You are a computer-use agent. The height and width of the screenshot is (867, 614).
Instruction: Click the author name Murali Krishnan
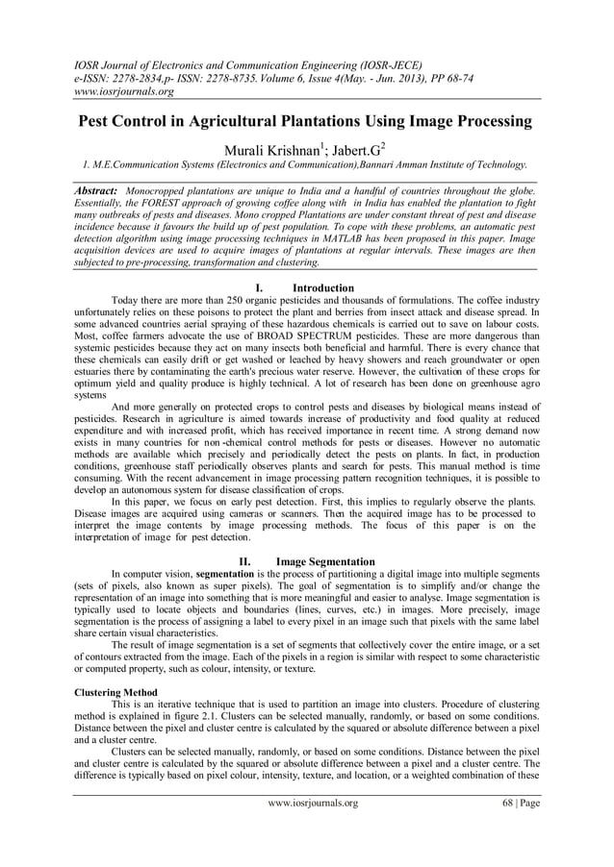tap(271, 149)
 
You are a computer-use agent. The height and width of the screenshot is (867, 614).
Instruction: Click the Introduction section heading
tap(323, 287)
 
